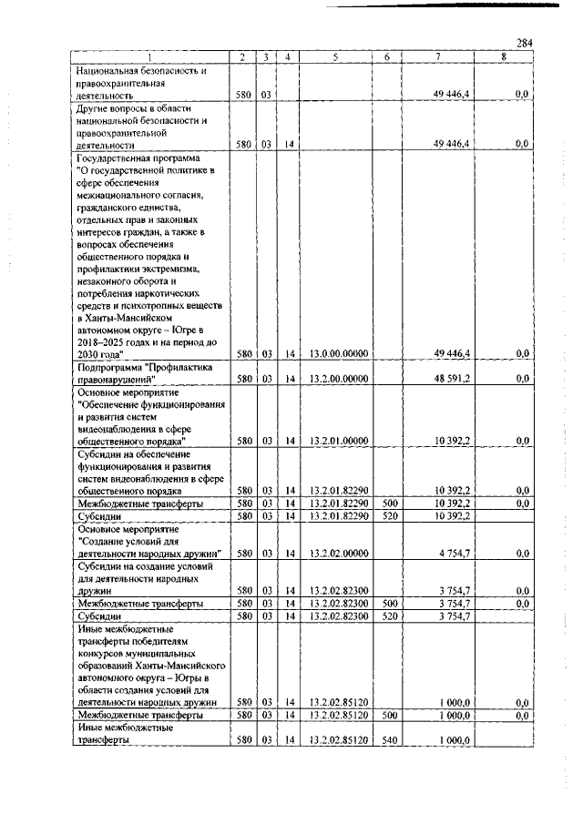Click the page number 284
click(524, 43)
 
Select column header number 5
click(336, 57)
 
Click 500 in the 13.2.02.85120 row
click(386, 716)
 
